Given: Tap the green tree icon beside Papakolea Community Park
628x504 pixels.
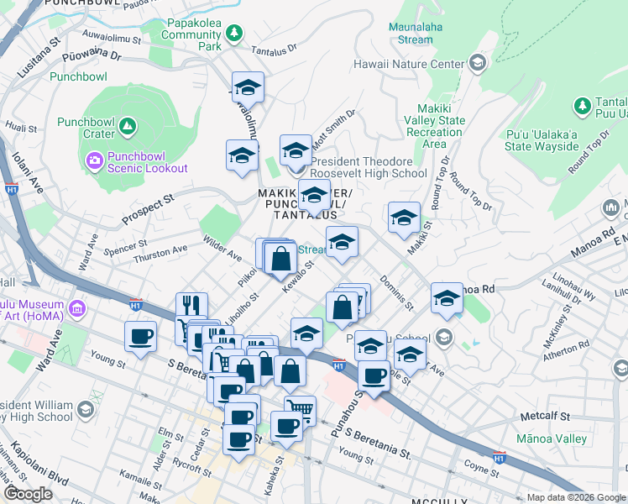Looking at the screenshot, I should [x=236, y=34].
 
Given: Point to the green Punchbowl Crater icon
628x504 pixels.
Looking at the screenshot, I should [x=127, y=128].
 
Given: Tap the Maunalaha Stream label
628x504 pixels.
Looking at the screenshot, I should [x=411, y=33].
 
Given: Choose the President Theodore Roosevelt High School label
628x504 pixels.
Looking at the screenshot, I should [x=369, y=167].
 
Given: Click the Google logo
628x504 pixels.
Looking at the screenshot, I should [x=28, y=494].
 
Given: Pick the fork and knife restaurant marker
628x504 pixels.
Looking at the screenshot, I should [x=191, y=305].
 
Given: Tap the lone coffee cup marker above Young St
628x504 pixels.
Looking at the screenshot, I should [x=140, y=336].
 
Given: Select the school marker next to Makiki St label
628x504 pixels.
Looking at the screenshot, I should [x=404, y=218].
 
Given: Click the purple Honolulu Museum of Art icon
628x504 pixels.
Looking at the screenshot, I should [x=77, y=310].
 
